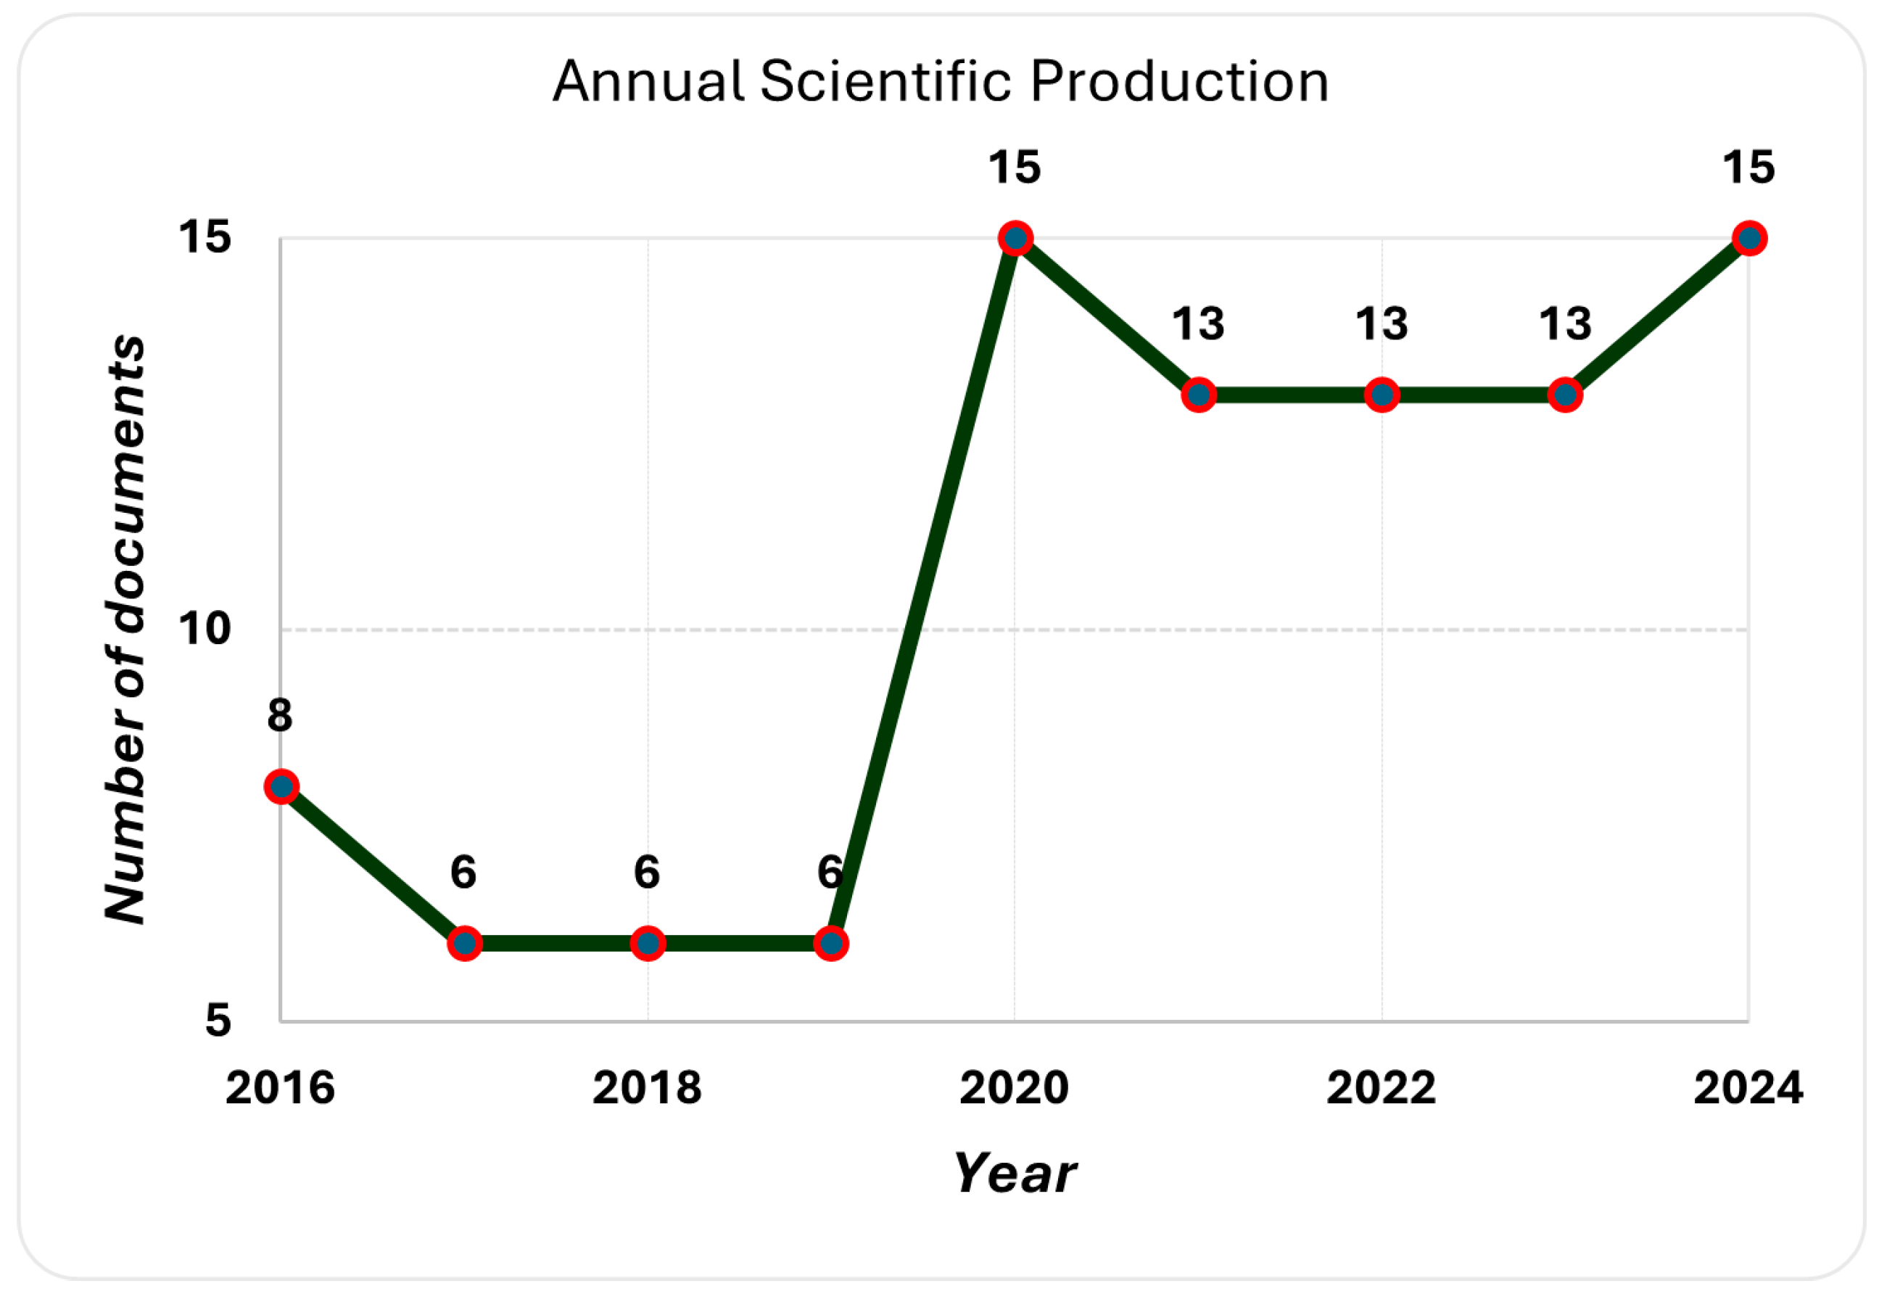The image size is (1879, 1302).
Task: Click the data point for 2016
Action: pyautogui.click(x=281, y=786)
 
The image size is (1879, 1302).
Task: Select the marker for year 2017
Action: pyautogui.click(x=465, y=944)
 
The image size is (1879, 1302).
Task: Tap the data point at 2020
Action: pyautogui.click(x=1015, y=238)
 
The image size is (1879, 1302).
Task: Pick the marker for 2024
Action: pyautogui.click(x=1749, y=238)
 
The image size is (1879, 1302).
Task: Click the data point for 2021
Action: pyautogui.click(x=1199, y=395)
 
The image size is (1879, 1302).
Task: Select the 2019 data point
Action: pyautogui.click(x=832, y=944)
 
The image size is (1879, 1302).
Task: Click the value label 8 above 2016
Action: pyautogui.click(x=280, y=715)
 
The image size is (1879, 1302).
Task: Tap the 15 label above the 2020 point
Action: pyautogui.click(x=1015, y=168)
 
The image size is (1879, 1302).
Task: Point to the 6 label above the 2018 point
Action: pyautogui.click(x=647, y=872)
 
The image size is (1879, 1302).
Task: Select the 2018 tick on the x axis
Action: pyautogui.click(x=647, y=1087)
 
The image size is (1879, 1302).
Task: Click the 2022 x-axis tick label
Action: pyautogui.click(x=1381, y=1087)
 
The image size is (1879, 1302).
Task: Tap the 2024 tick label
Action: pyautogui.click(x=1748, y=1087)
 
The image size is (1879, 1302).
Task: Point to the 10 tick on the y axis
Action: pyautogui.click(x=205, y=629)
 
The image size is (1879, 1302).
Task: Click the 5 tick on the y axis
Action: pyautogui.click(x=218, y=1020)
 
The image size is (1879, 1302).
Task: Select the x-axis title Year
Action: pyautogui.click(x=1015, y=1173)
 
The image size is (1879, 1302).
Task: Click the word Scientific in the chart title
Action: pyautogui.click(x=886, y=81)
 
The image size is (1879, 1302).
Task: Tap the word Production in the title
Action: pyautogui.click(x=1179, y=81)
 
